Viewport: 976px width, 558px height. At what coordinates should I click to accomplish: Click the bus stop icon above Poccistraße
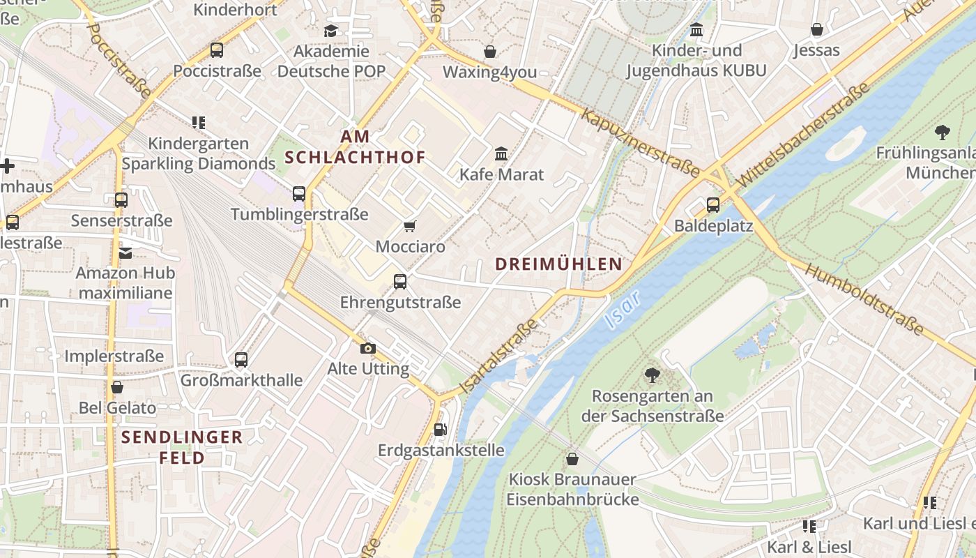[x=217, y=50]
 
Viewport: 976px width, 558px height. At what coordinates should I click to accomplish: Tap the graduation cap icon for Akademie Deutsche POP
[x=330, y=31]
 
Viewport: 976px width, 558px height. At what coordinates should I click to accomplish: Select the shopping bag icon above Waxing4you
[x=490, y=52]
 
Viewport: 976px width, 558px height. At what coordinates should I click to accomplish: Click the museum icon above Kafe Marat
[x=501, y=153]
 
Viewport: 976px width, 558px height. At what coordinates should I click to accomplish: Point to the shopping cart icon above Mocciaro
[x=410, y=226]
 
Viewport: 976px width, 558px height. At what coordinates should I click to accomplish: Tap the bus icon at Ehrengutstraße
[x=400, y=282]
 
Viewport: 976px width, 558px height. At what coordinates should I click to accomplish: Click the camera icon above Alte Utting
[x=368, y=348]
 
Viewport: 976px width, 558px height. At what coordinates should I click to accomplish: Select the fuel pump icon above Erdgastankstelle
[x=440, y=430]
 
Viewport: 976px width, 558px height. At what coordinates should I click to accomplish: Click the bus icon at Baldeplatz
[x=712, y=205]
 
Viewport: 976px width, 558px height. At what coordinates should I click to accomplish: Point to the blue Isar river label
[x=622, y=310]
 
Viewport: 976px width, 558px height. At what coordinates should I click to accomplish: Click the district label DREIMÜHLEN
[x=558, y=264]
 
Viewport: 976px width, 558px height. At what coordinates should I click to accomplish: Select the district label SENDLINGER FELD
[x=182, y=447]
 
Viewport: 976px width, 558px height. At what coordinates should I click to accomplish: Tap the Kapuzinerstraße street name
[x=640, y=143]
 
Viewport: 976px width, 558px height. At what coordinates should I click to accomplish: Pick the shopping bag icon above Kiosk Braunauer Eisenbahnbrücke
[x=572, y=459]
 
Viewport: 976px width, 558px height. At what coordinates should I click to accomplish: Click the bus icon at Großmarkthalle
[x=241, y=360]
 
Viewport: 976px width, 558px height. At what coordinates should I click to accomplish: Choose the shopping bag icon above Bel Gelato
[x=117, y=387]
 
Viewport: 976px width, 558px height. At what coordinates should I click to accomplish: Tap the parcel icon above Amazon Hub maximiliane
[x=125, y=252]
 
